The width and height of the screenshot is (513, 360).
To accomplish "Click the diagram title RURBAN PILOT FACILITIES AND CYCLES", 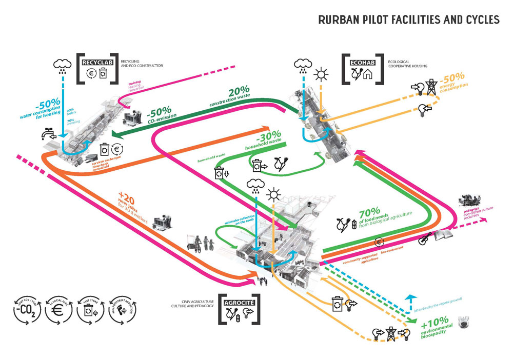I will point(408,20).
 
